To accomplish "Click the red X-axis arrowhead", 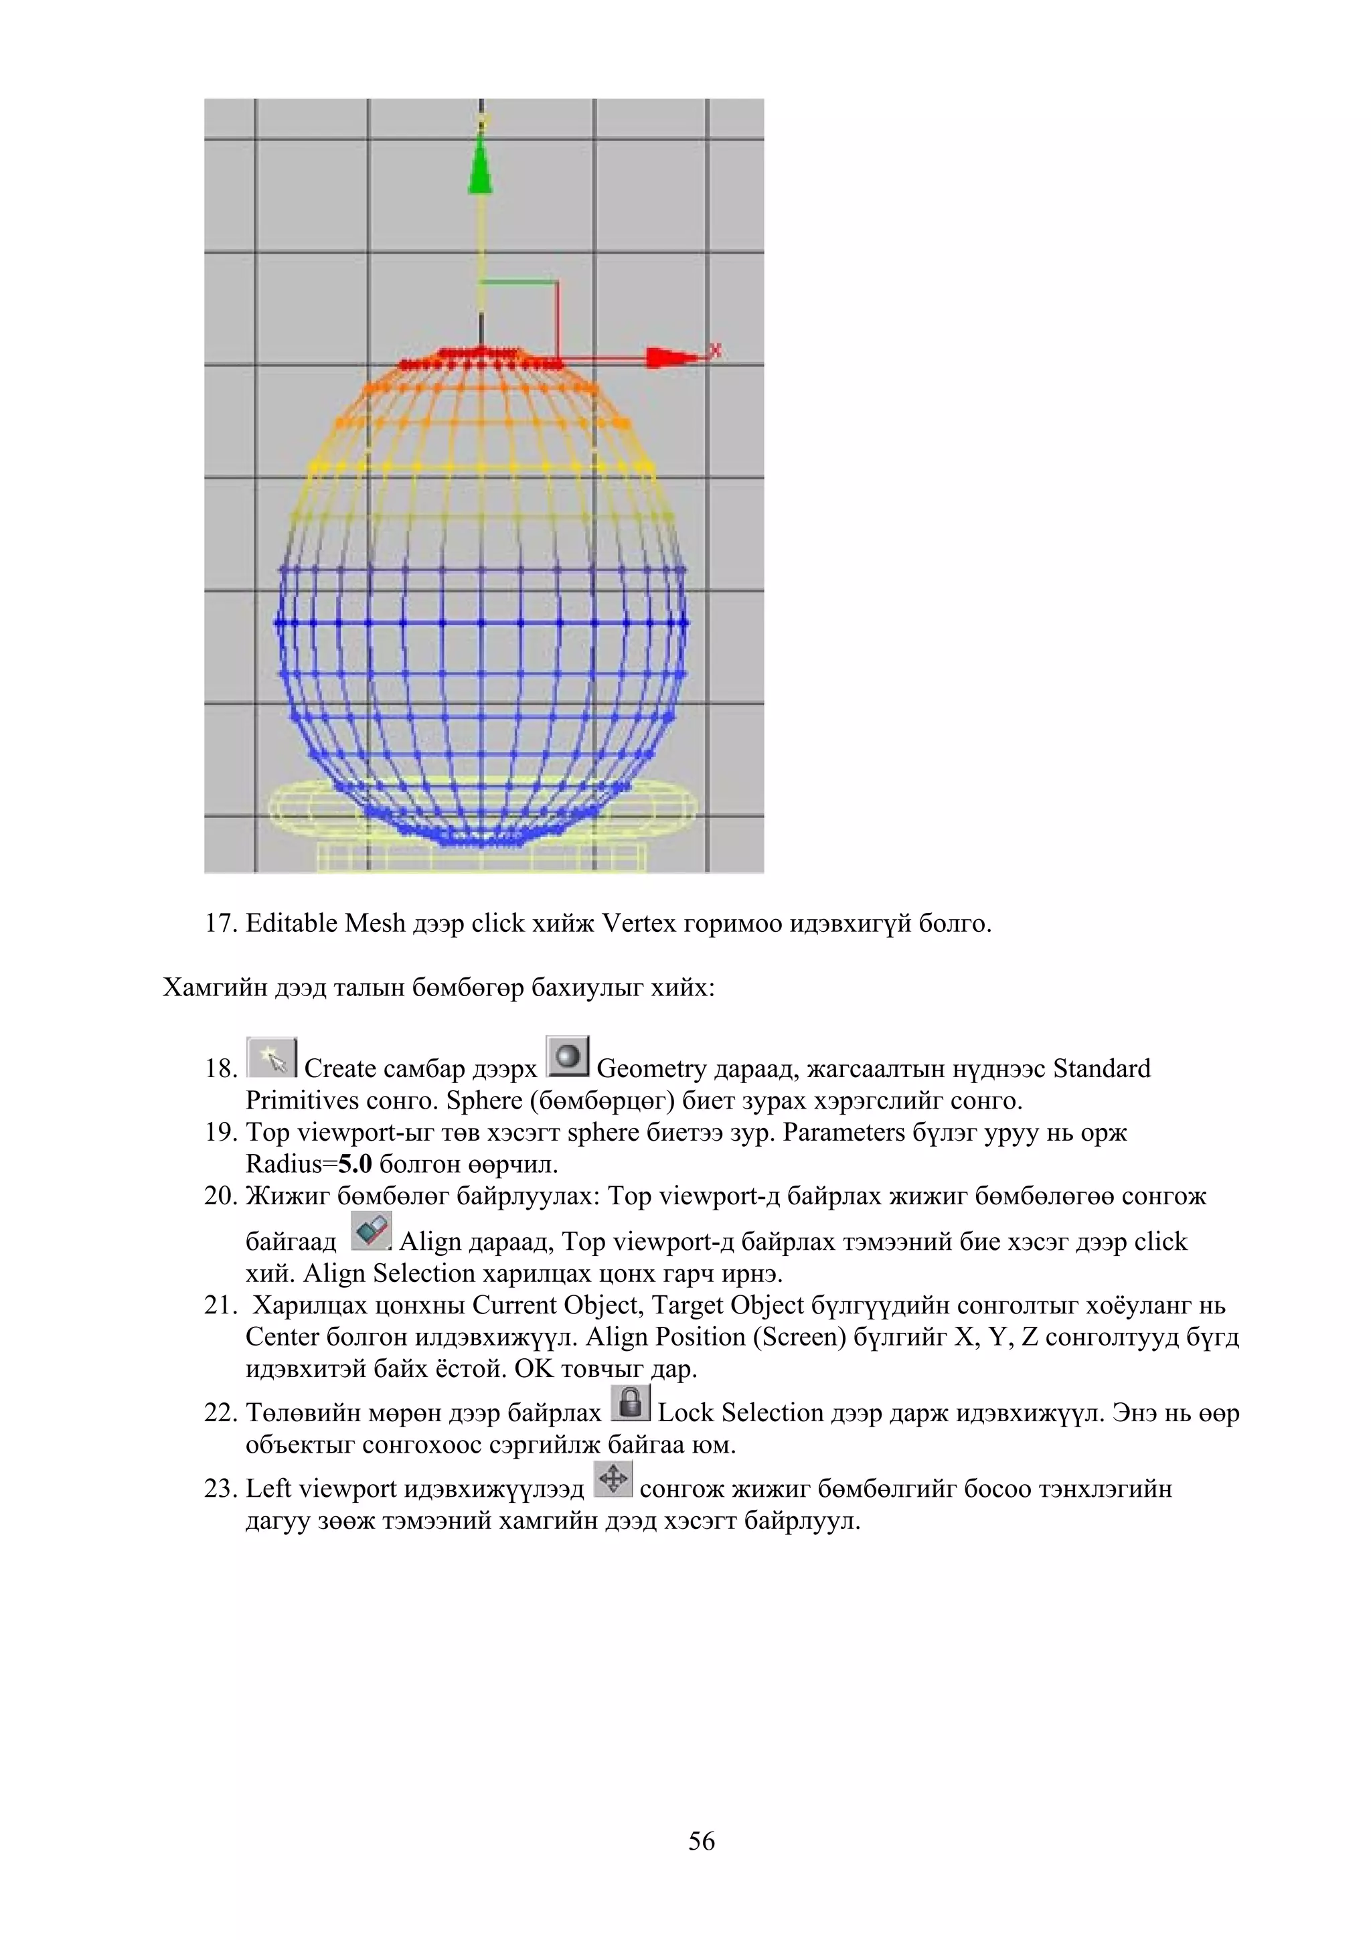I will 667,358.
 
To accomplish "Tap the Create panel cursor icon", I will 272,1058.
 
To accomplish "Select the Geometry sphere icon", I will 568,1057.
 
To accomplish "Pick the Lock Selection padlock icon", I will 630,1404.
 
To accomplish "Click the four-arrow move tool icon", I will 613,1479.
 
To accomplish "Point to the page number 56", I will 701,1841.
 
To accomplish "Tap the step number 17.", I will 220,924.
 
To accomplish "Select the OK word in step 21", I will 532,1369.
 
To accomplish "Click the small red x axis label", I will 716,349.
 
